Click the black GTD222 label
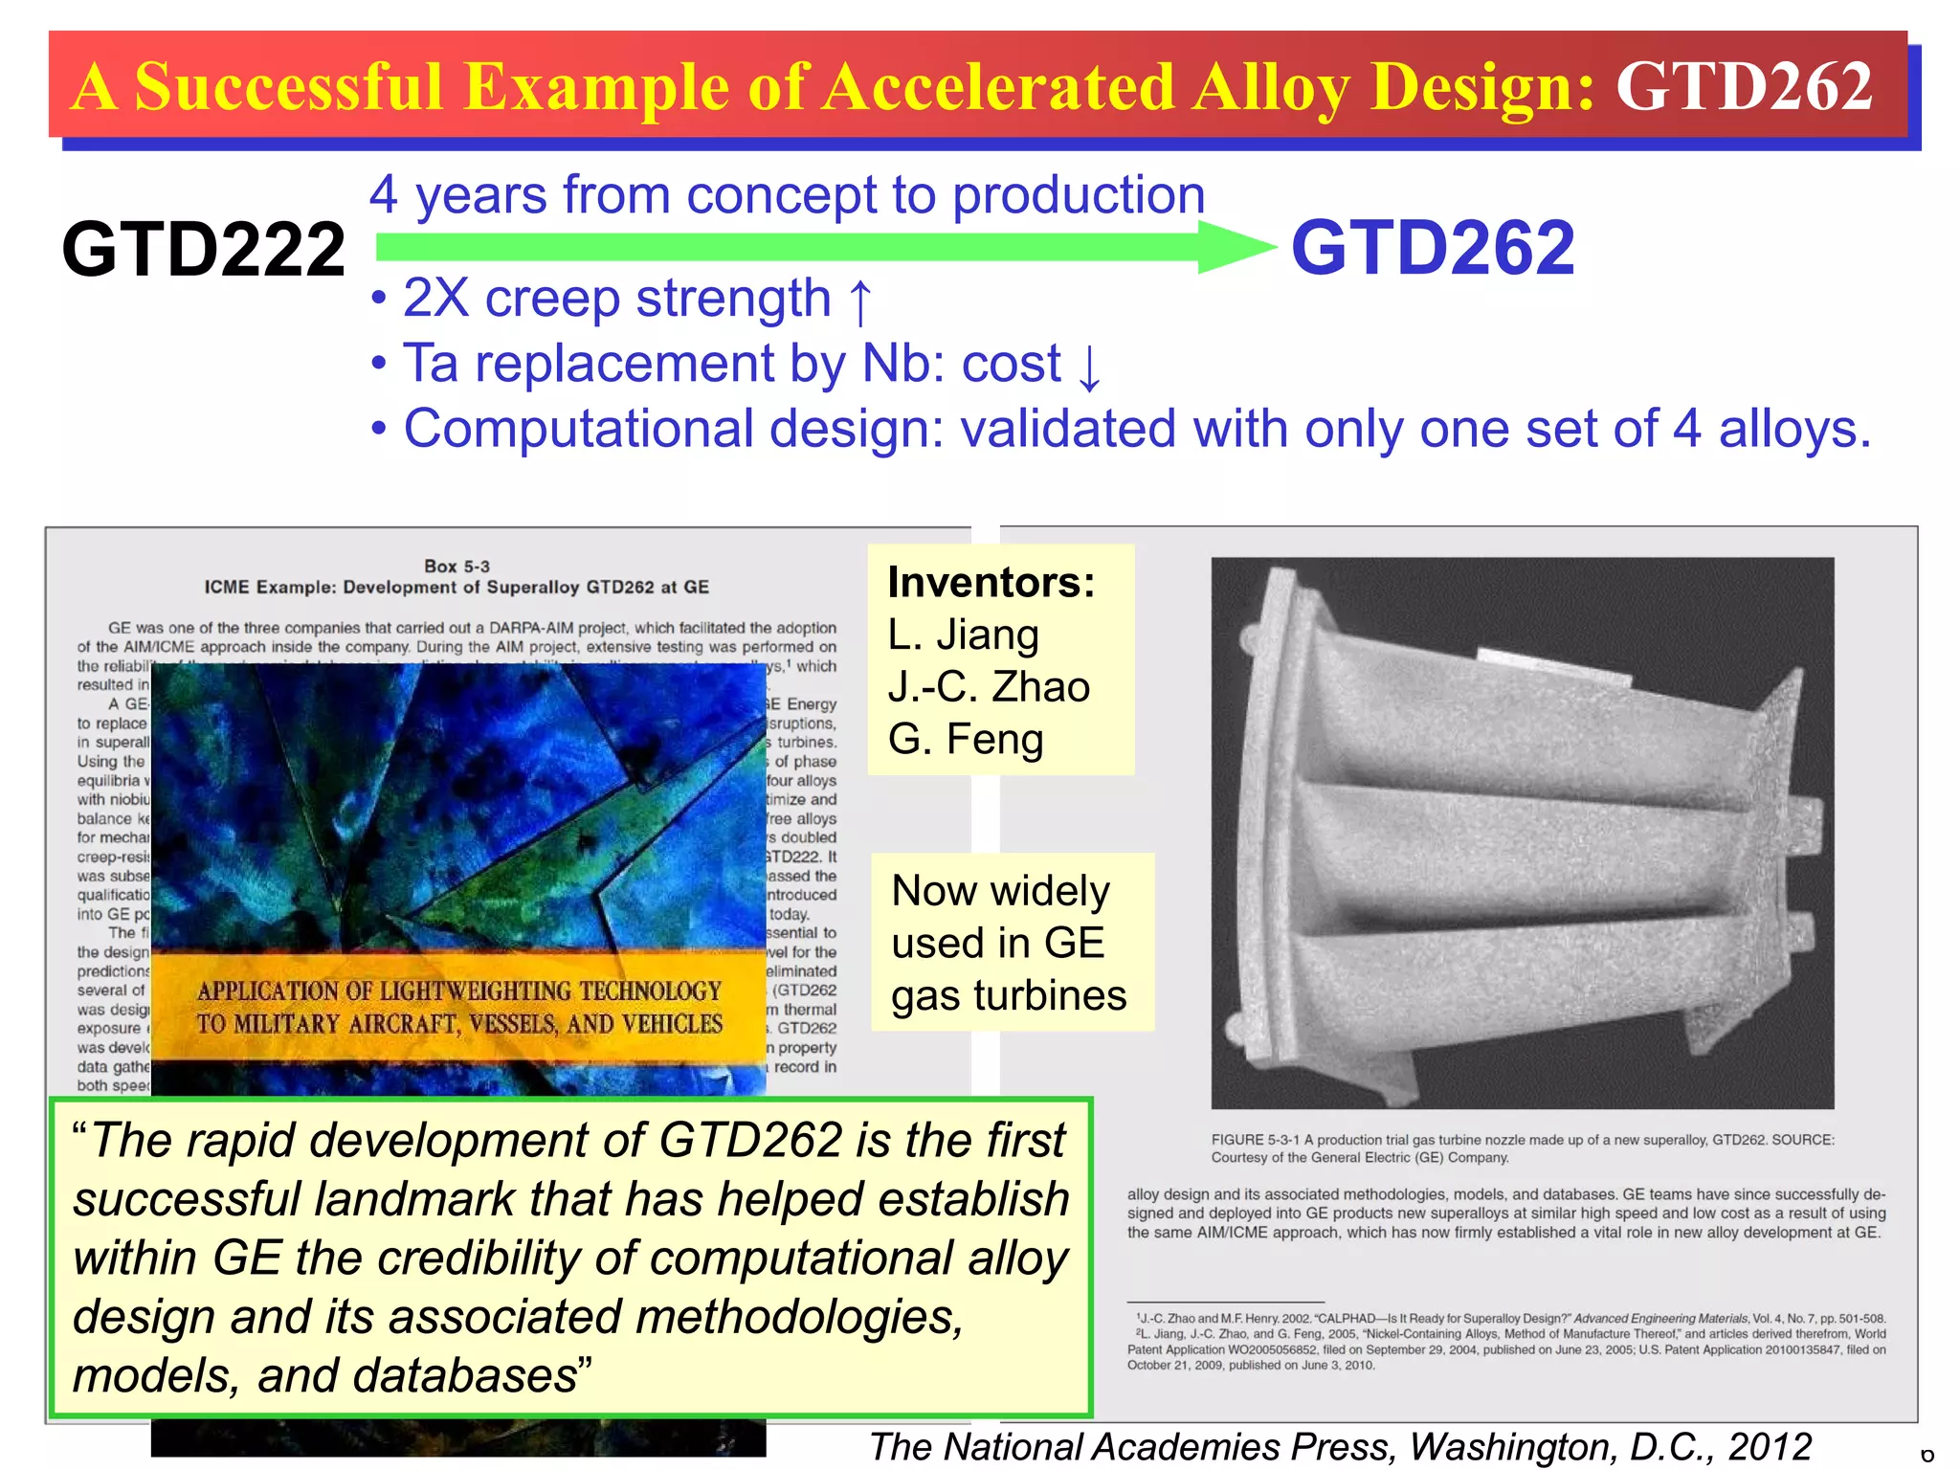point(203,250)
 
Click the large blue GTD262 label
point(1432,248)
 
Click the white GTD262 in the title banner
point(1744,86)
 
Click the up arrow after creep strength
point(860,301)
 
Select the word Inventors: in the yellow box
point(991,582)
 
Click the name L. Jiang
point(963,635)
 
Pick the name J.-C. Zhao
point(989,687)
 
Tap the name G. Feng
point(965,740)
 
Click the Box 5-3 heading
point(457,567)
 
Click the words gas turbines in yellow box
point(1009,995)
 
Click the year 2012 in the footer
point(1770,1446)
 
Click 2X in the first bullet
point(435,298)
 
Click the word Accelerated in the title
point(998,86)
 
